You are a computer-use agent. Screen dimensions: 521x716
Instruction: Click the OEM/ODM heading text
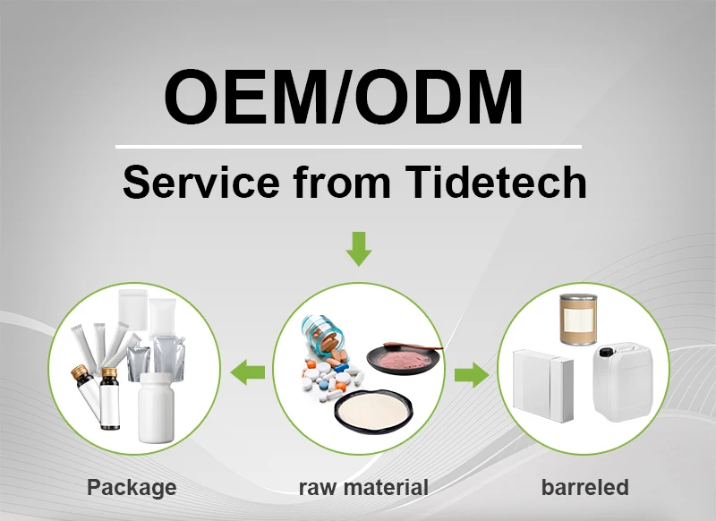coord(345,96)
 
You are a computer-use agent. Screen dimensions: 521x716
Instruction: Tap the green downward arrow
coord(358,248)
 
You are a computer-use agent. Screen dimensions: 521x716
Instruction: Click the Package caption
coord(132,488)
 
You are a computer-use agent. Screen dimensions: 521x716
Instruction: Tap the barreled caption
coord(584,488)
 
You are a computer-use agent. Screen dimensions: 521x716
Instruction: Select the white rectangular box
coord(541,386)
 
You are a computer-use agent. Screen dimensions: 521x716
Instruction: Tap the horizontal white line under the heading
coord(349,146)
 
